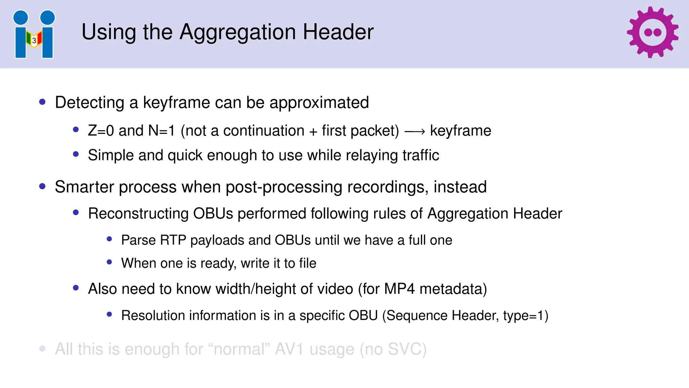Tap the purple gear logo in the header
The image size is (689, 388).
pyautogui.click(x=652, y=32)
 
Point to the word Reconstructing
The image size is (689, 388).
pyautogui.click(x=138, y=214)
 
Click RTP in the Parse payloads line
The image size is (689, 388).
pyautogui.click(x=173, y=240)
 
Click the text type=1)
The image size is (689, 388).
pyautogui.click(x=525, y=316)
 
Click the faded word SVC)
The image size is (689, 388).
pyautogui.click(x=407, y=349)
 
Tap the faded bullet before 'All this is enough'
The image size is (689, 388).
pyautogui.click(x=42, y=348)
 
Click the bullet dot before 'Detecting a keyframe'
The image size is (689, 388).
pyautogui.click(x=42, y=102)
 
